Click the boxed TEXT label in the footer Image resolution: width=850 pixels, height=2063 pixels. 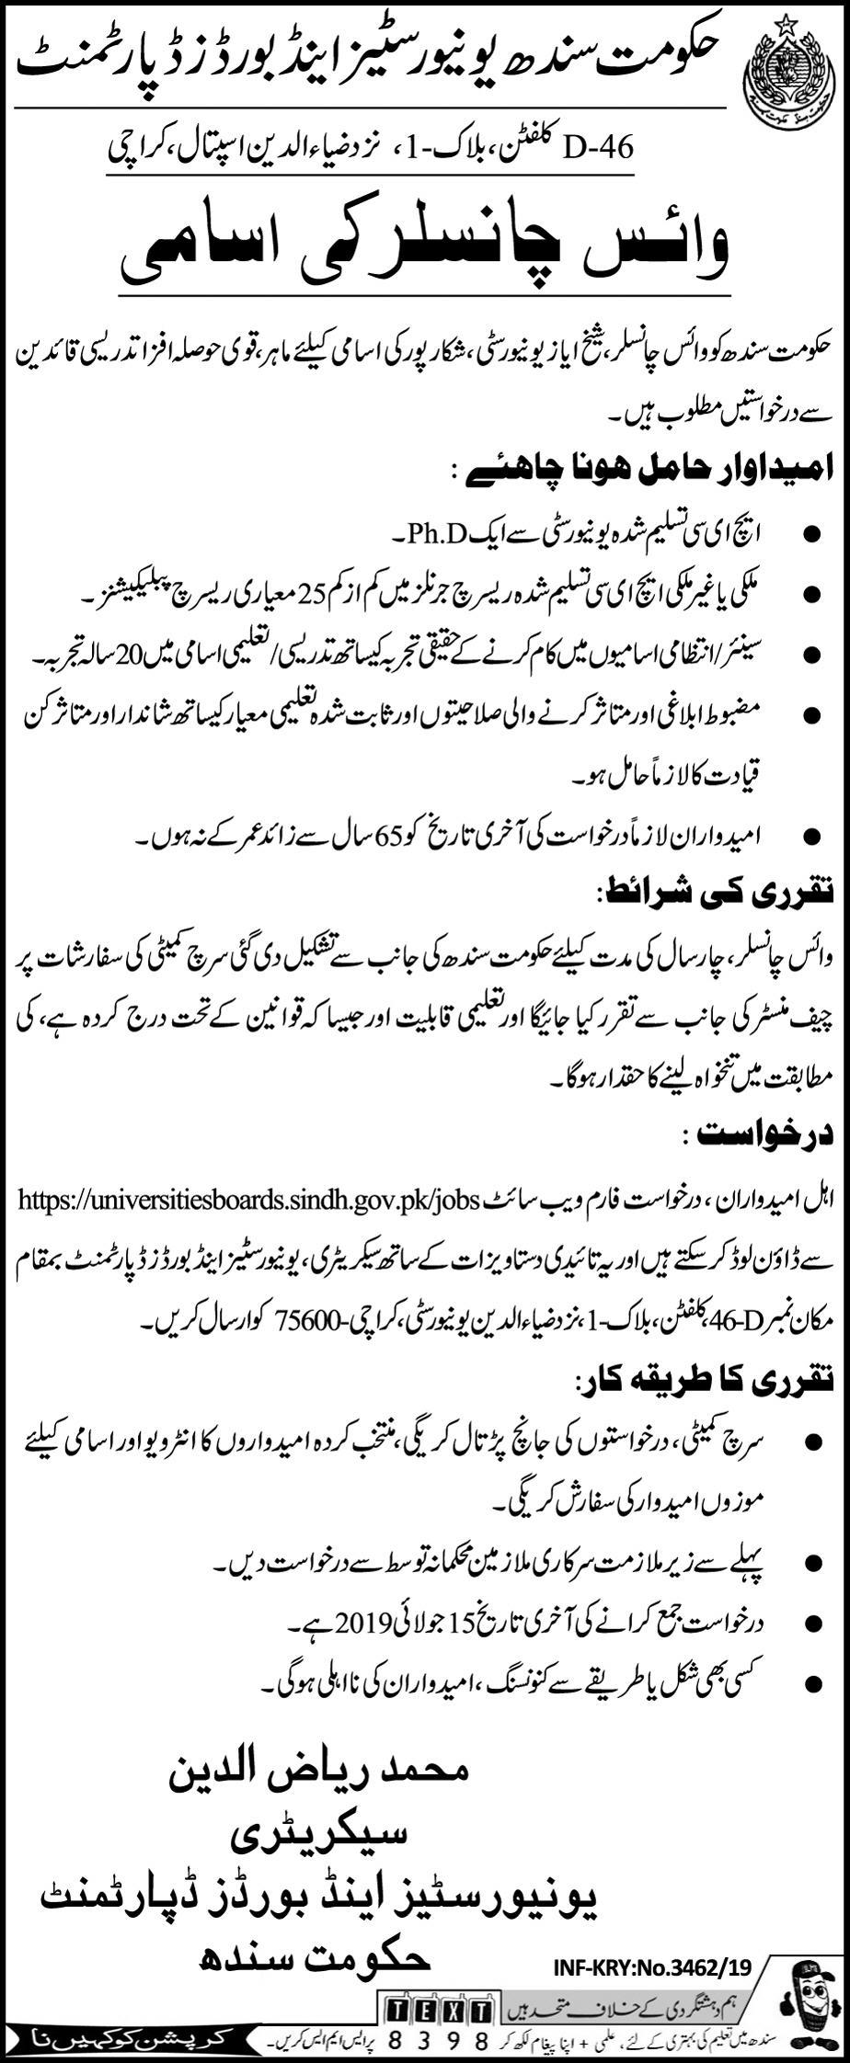(438, 2005)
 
